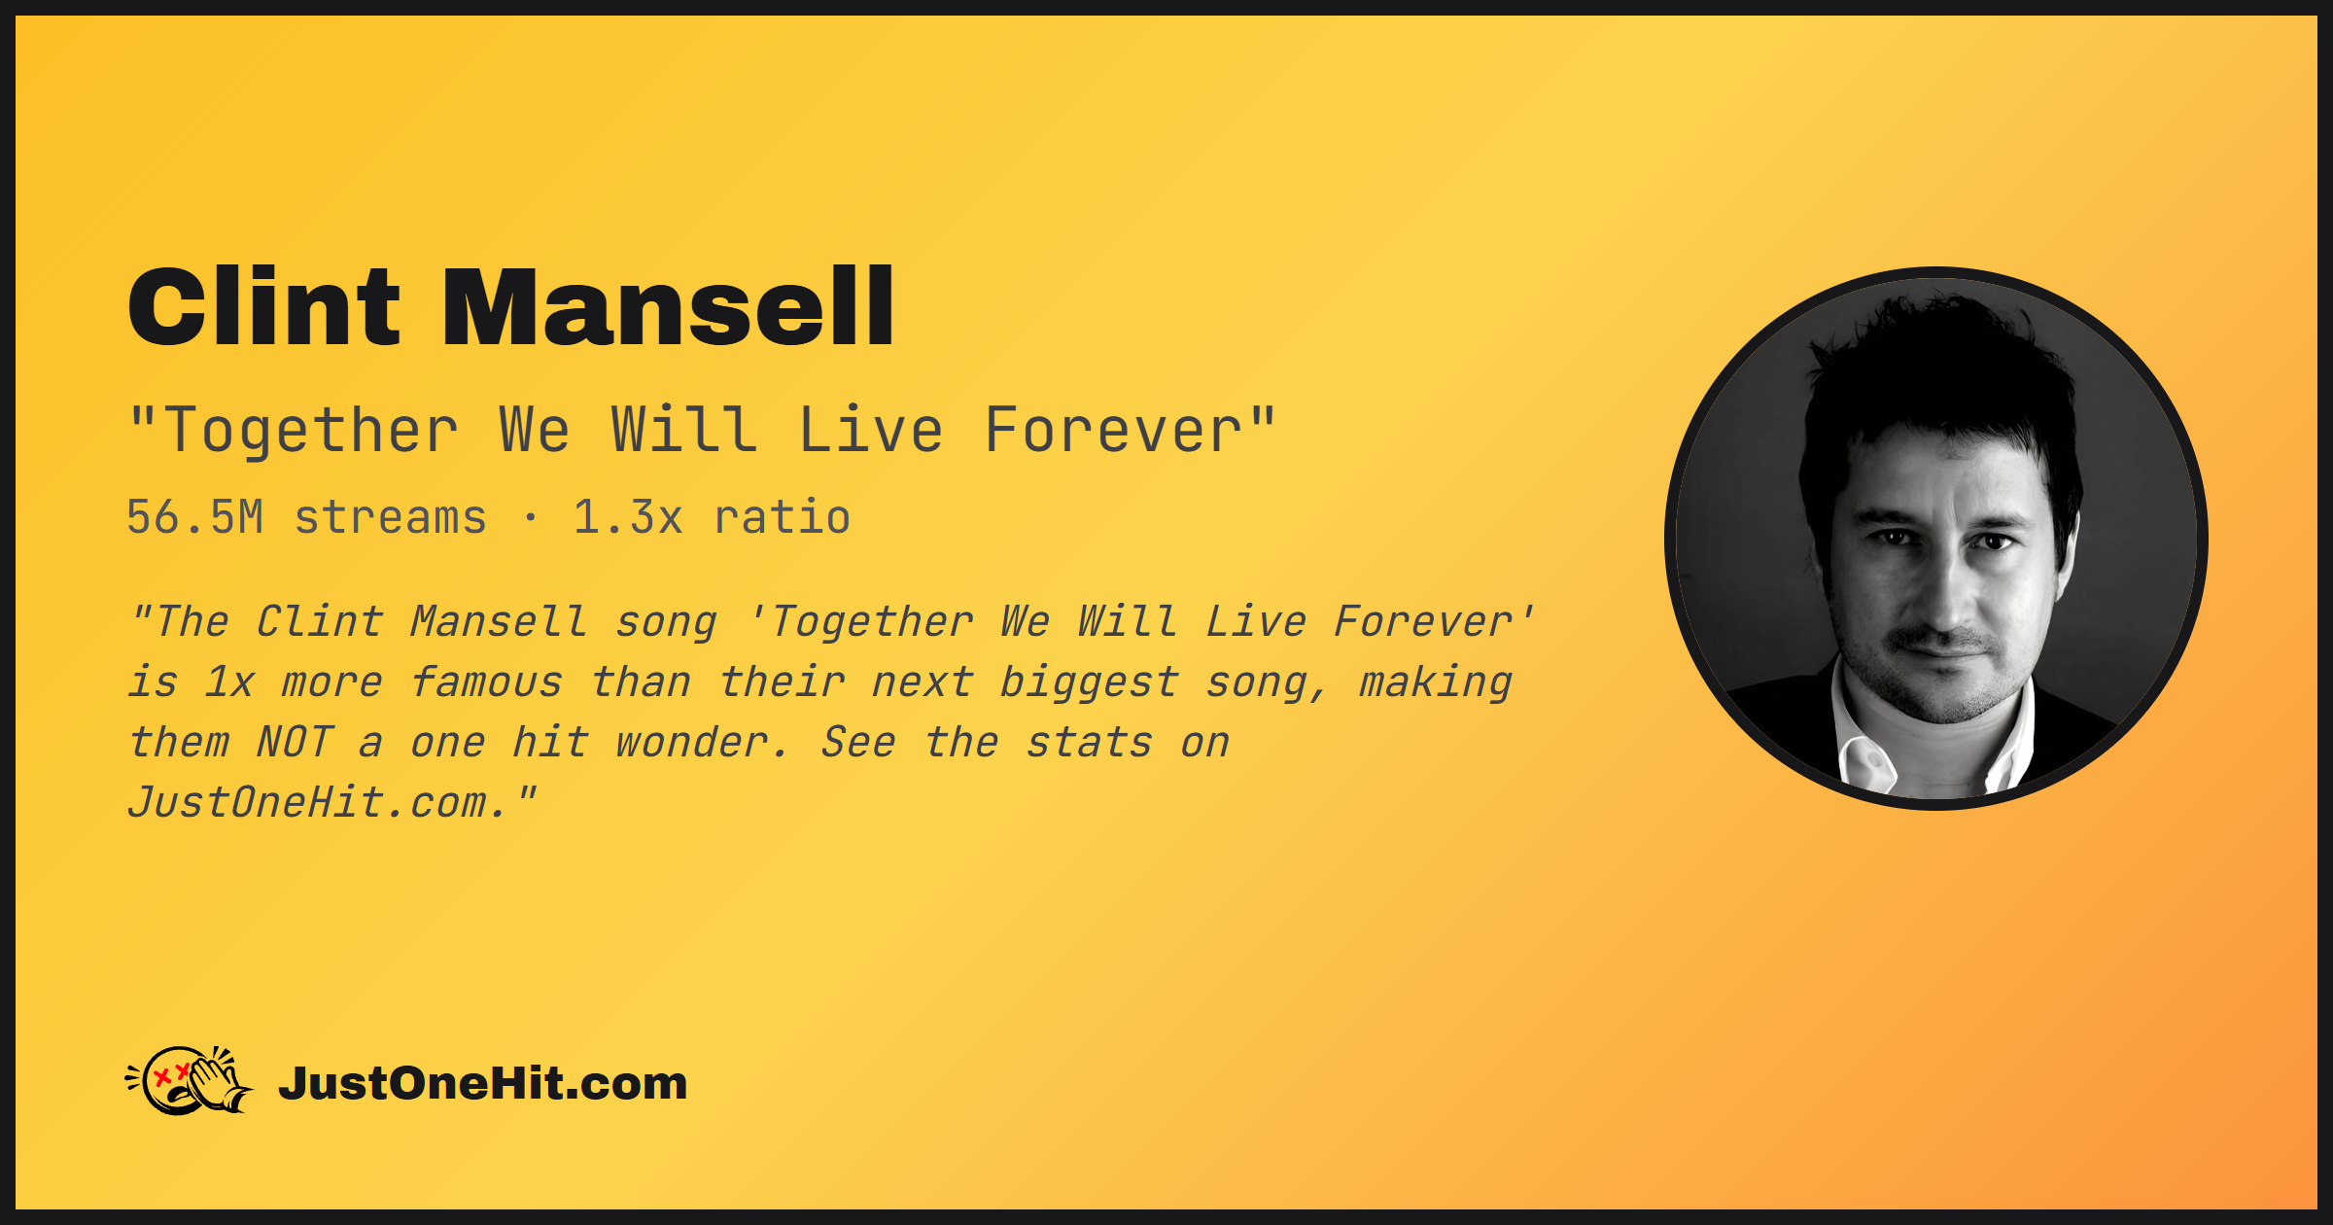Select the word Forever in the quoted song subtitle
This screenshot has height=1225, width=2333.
(1114, 431)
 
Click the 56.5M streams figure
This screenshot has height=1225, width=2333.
(306, 517)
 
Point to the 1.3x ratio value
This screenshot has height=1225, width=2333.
(712, 517)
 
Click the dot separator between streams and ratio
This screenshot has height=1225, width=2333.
(530, 518)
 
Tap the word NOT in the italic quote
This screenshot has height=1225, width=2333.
(294, 743)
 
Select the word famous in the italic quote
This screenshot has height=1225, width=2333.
(486, 682)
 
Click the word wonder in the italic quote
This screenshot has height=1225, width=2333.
(702, 743)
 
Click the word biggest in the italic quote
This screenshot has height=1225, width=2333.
(1089, 683)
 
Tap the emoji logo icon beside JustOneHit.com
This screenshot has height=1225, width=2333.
(190, 1081)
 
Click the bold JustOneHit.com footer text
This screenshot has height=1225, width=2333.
(483, 1083)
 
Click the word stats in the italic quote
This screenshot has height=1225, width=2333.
(1089, 743)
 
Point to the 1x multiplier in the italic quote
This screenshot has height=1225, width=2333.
(229, 682)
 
